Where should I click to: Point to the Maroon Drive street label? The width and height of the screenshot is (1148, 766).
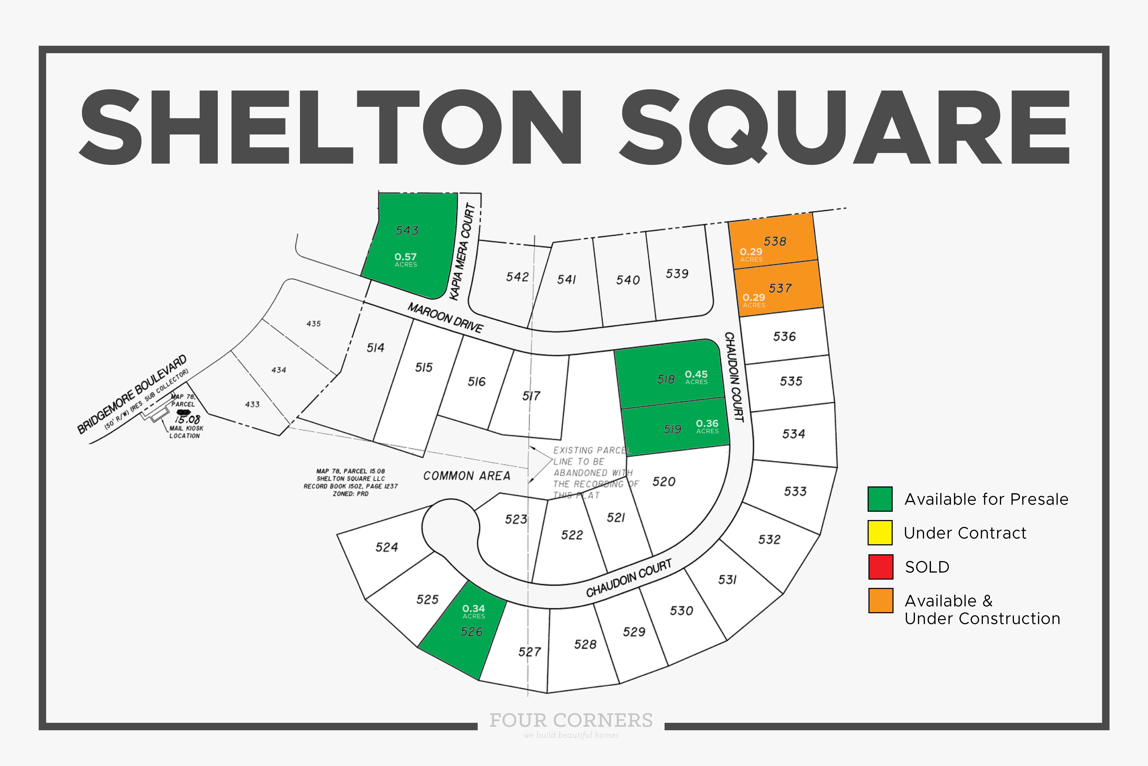point(445,317)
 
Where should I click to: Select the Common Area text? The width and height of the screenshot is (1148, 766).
point(467,476)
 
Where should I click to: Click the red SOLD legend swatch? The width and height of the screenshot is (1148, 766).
point(881,567)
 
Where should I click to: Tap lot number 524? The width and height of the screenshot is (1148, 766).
point(386,547)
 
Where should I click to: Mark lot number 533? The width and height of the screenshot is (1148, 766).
point(795,492)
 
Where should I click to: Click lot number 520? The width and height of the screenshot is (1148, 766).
point(664,482)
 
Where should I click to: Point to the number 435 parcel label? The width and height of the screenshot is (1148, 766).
point(313,323)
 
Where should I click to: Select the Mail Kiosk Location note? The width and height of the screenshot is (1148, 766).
point(185,432)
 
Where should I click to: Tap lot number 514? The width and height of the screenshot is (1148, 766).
point(375,348)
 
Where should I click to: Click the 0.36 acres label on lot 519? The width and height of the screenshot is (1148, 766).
point(707,426)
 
